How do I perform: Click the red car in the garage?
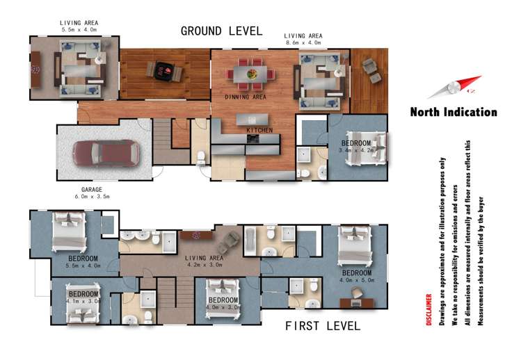106,153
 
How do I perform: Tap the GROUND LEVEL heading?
222,31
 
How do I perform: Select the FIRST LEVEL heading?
323,325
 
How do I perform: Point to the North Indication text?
454,112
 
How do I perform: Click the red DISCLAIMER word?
429,309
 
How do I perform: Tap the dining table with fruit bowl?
250,74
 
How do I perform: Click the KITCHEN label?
259,130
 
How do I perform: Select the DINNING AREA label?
246,97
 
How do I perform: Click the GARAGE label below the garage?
92,190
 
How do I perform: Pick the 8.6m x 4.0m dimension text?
303,42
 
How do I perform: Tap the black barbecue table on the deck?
164,72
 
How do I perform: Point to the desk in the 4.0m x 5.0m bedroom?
357,303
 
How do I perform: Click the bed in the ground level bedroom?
366,148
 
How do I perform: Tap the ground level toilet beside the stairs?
201,158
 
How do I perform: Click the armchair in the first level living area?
228,243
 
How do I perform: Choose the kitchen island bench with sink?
253,120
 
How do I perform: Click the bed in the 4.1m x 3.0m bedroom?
83,303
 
